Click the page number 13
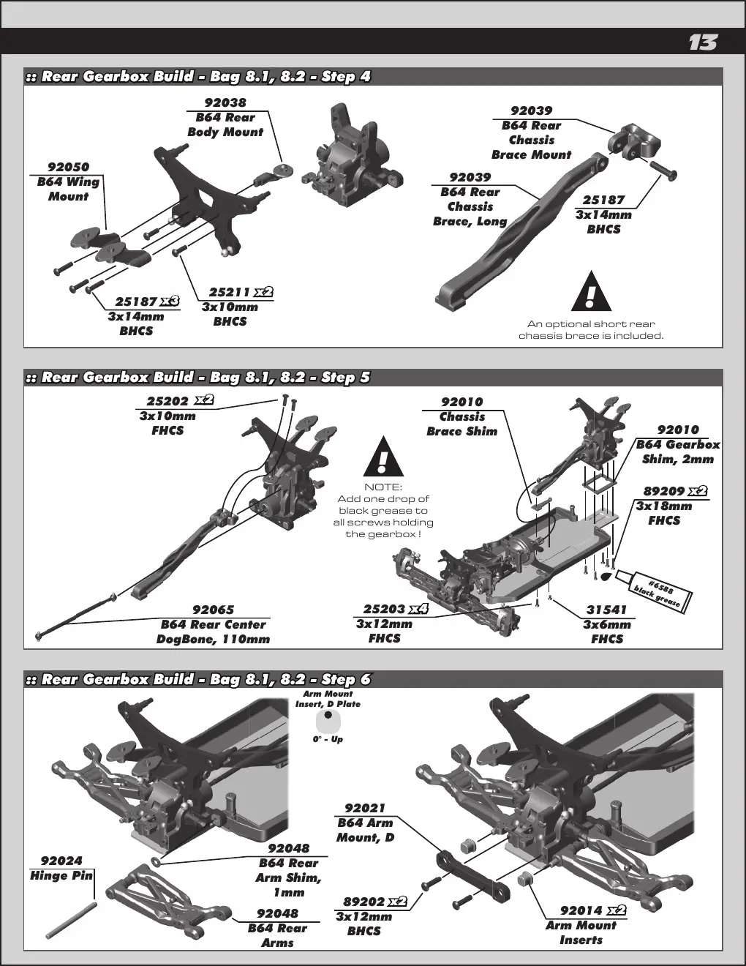click(x=703, y=42)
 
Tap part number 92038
click(x=225, y=102)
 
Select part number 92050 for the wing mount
click(x=69, y=167)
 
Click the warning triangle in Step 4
click(x=592, y=291)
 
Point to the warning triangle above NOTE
click(x=383, y=456)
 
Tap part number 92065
click(x=214, y=610)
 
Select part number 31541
click(x=606, y=610)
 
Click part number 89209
click(x=664, y=491)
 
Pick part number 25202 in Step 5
click(x=167, y=401)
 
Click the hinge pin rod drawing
click(x=70, y=921)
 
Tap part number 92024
click(x=61, y=861)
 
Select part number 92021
click(x=365, y=808)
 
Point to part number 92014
click(x=581, y=910)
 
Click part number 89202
click(x=364, y=902)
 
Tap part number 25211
click(x=230, y=292)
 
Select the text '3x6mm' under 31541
click(x=607, y=624)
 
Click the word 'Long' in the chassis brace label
click(x=491, y=222)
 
